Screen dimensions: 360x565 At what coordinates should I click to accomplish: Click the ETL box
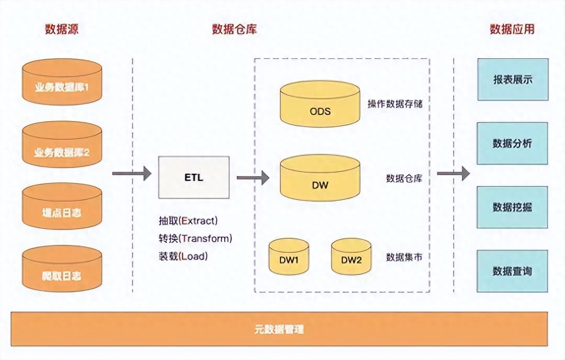click(x=194, y=177)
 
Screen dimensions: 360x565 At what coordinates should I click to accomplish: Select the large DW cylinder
click(x=320, y=178)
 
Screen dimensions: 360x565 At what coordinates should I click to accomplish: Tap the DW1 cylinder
click(x=289, y=257)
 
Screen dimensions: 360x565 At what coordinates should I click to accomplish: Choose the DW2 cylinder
click(x=351, y=257)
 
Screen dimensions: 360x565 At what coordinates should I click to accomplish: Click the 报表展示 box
click(x=512, y=79)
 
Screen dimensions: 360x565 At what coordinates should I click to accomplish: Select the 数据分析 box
click(x=512, y=143)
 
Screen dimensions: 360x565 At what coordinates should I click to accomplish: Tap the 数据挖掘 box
click(x=512, y=207)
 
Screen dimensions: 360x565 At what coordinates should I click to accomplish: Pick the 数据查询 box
click(x=512, y=271)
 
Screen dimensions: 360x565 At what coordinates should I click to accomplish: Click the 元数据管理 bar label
click(x=279, y=329)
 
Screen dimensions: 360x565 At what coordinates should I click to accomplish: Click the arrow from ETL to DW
click(x=252, y=178)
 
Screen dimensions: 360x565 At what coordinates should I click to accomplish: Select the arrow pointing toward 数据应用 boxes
click(x=453, y=173)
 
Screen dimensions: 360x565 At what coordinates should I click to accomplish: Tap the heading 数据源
click(x=62, y=30)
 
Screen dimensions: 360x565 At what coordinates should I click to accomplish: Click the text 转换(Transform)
click(x=195, y=239)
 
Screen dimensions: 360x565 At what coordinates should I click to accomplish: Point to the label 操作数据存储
click(x=395, y=104)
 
